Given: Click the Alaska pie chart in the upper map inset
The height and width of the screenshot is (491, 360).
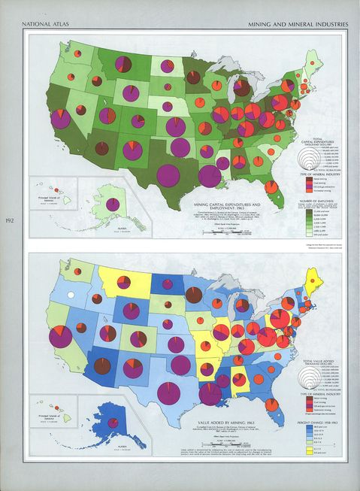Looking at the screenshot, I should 112,204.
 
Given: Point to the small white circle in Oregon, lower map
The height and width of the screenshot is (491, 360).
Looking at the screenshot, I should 71,296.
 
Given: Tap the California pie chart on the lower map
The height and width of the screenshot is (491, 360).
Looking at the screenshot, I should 60,335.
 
